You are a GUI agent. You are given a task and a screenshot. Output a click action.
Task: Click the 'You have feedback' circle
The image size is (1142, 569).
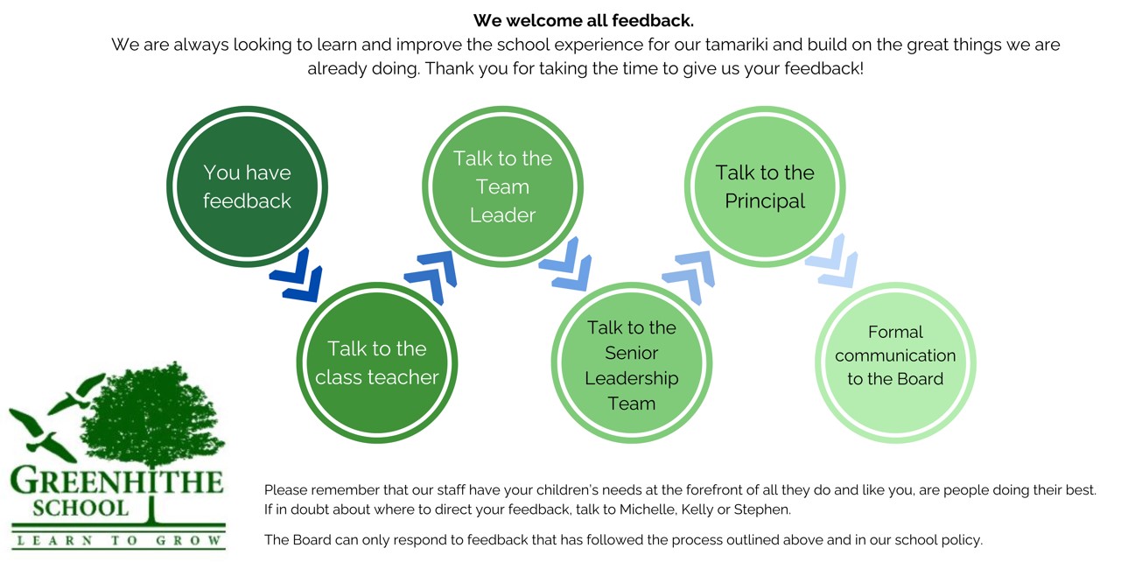(x=248, y=186)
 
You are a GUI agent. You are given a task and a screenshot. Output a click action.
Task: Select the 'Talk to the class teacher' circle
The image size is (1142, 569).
(x=377, y=362)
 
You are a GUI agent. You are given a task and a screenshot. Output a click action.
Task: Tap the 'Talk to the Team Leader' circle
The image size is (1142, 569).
(x=502, y=186)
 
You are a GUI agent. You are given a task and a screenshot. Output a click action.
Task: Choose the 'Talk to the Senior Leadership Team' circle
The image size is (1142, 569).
(x=632, y=362)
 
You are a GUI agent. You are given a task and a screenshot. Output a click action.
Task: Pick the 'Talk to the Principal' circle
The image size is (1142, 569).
(x=765, y=186)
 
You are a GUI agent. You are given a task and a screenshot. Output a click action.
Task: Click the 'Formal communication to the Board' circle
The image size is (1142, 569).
(x=895, y=362)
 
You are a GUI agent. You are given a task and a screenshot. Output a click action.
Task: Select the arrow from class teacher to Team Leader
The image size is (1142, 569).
(x=431, y=277)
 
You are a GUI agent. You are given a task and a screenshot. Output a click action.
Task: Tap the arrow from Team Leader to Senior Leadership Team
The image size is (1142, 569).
(x=566, y=263)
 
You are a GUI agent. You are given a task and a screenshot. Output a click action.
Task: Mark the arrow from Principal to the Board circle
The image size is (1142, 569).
(x=832, y=261)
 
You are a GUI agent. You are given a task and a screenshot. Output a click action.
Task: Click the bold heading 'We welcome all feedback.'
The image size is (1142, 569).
(x=583, y=20)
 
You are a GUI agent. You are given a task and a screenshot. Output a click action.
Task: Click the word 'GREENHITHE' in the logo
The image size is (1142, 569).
(x=116, y=481)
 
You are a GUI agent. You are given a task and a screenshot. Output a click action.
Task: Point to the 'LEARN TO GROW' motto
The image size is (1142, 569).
(x=119, y=540)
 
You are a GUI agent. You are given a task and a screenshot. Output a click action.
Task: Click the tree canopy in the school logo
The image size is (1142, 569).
(x=153, y=414)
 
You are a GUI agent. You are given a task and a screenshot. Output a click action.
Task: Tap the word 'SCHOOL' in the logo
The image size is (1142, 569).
(x=81, y=509)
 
